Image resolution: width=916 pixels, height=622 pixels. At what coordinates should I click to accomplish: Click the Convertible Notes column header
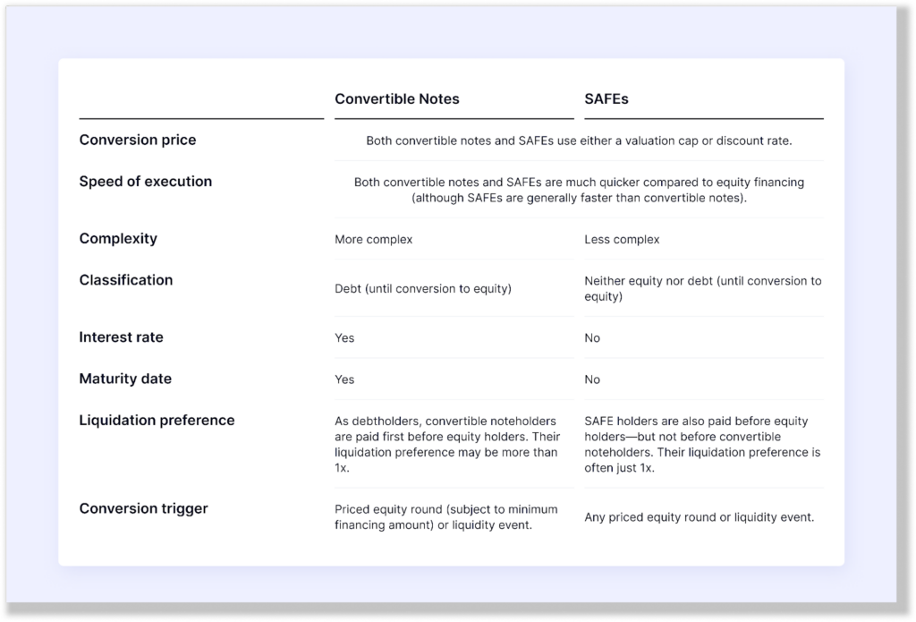click(396, 99)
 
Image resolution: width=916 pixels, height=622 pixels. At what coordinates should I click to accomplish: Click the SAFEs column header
click(606, 99)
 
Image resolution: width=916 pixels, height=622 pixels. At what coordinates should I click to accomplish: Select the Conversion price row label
click(137, 141)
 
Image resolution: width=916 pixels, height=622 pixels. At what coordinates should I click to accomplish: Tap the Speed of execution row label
click(145, 182)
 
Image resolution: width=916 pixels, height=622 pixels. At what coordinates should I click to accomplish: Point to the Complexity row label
click(117, 239)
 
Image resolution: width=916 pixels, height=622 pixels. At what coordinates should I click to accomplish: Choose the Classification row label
click(125, 280)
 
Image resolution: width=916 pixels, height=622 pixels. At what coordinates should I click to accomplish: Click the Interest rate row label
click(121, 337)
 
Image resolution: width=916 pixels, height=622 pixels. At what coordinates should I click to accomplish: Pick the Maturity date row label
click(124, 379)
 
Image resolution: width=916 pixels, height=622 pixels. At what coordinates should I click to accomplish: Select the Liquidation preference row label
click(157, 421)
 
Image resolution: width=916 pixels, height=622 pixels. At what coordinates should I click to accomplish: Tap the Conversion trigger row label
click(143, 509)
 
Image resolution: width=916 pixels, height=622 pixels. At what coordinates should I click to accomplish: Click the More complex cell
click(373, 240)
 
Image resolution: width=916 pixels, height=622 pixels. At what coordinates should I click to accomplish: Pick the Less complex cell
click(621, 240)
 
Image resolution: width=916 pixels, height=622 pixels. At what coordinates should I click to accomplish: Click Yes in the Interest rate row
click(344, 338)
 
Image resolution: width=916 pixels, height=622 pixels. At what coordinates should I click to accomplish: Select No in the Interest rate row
click(592, 338)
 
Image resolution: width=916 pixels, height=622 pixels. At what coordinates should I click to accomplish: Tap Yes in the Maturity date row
click(344, 379)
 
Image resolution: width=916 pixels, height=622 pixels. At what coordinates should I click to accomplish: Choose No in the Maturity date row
click(592, 379)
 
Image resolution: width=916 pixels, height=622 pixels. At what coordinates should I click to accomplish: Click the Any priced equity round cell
click(699, 517)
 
